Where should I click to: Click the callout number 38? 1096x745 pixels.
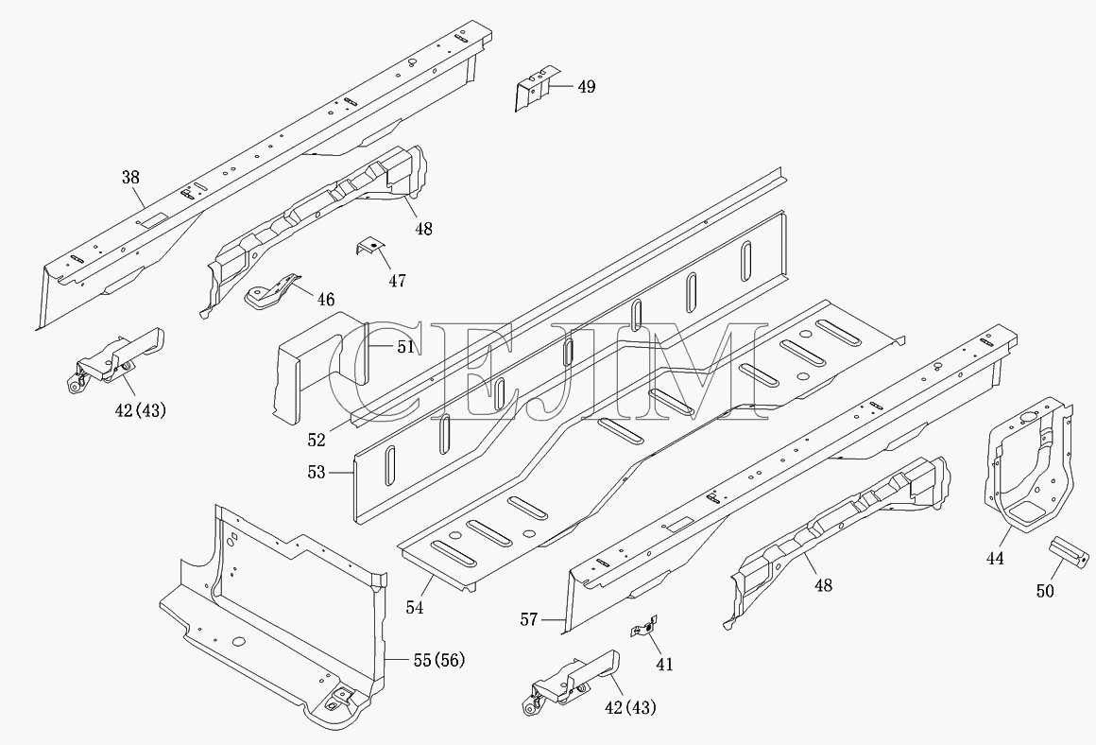click(130, 178)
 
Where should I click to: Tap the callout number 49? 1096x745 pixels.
click(587, 87)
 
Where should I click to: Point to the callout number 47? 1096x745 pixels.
click(397, 281)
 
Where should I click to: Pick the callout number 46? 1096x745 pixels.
click(326, 300)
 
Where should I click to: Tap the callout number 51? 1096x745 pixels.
click(406, 347)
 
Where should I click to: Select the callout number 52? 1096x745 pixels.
click(317, 440)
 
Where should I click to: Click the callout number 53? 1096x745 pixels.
click(317, 473)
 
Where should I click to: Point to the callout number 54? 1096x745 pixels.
click(415, 608)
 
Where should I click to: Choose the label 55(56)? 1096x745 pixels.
click(439, 660)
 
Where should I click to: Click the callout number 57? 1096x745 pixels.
click(529, 619)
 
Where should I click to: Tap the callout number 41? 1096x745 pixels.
click(665, 665)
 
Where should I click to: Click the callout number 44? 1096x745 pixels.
click(995, 558)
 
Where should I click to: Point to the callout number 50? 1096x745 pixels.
click(1045, 592)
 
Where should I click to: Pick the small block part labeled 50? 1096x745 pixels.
click(1070, 550)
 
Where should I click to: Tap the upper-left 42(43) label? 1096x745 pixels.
click(141, 410)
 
